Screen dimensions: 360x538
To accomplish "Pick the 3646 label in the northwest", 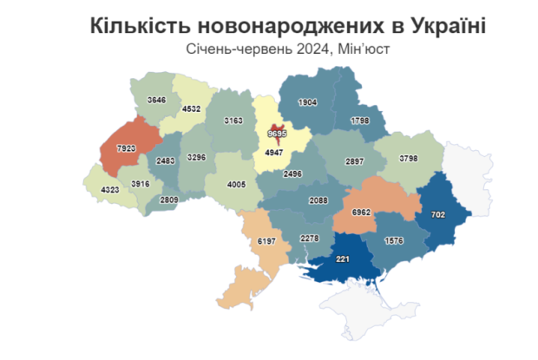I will (x=156, y=101).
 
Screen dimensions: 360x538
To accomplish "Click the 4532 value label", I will (x=194, y=108).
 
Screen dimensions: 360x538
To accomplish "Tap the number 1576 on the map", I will (x=395, y=239).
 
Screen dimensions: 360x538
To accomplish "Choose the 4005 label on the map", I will (x=237, y=183).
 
